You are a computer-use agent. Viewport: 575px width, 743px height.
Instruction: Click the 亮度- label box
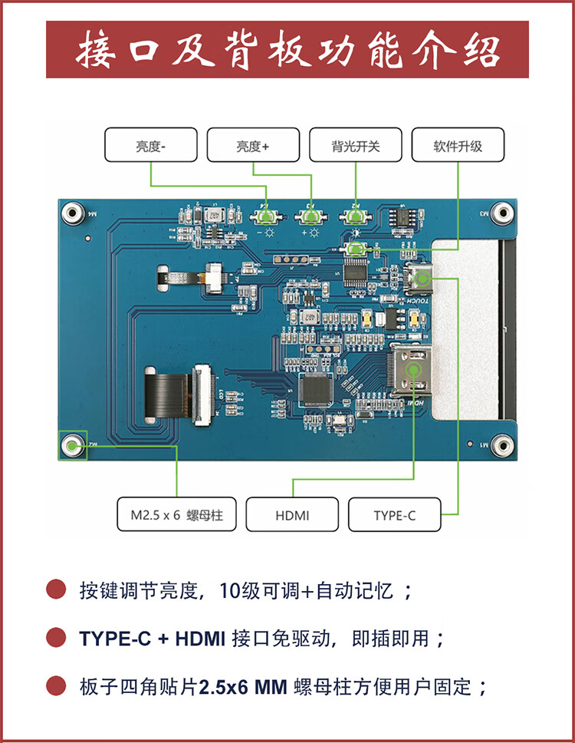(x=150, y=145)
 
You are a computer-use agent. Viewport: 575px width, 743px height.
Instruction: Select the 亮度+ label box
(x=253, y=145)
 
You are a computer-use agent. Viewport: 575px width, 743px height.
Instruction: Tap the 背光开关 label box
(x=356, y=145)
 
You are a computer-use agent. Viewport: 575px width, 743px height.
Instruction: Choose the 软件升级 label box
(x=458, y=145)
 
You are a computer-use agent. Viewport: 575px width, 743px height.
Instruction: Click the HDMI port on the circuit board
(x=414, y=371)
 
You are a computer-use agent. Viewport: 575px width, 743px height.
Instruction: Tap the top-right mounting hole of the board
(x=501, y=213)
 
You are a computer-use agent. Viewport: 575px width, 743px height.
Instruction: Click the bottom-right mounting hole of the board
(x=501, y=444)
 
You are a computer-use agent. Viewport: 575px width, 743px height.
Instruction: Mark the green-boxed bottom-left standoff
(x=73, y=444)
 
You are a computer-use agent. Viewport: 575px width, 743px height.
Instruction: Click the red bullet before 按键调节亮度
(x=55, y=590)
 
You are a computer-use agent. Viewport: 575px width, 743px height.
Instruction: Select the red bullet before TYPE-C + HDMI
(x=55, y=638)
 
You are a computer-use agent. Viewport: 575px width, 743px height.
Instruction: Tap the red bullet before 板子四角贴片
(x=55, y=685)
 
